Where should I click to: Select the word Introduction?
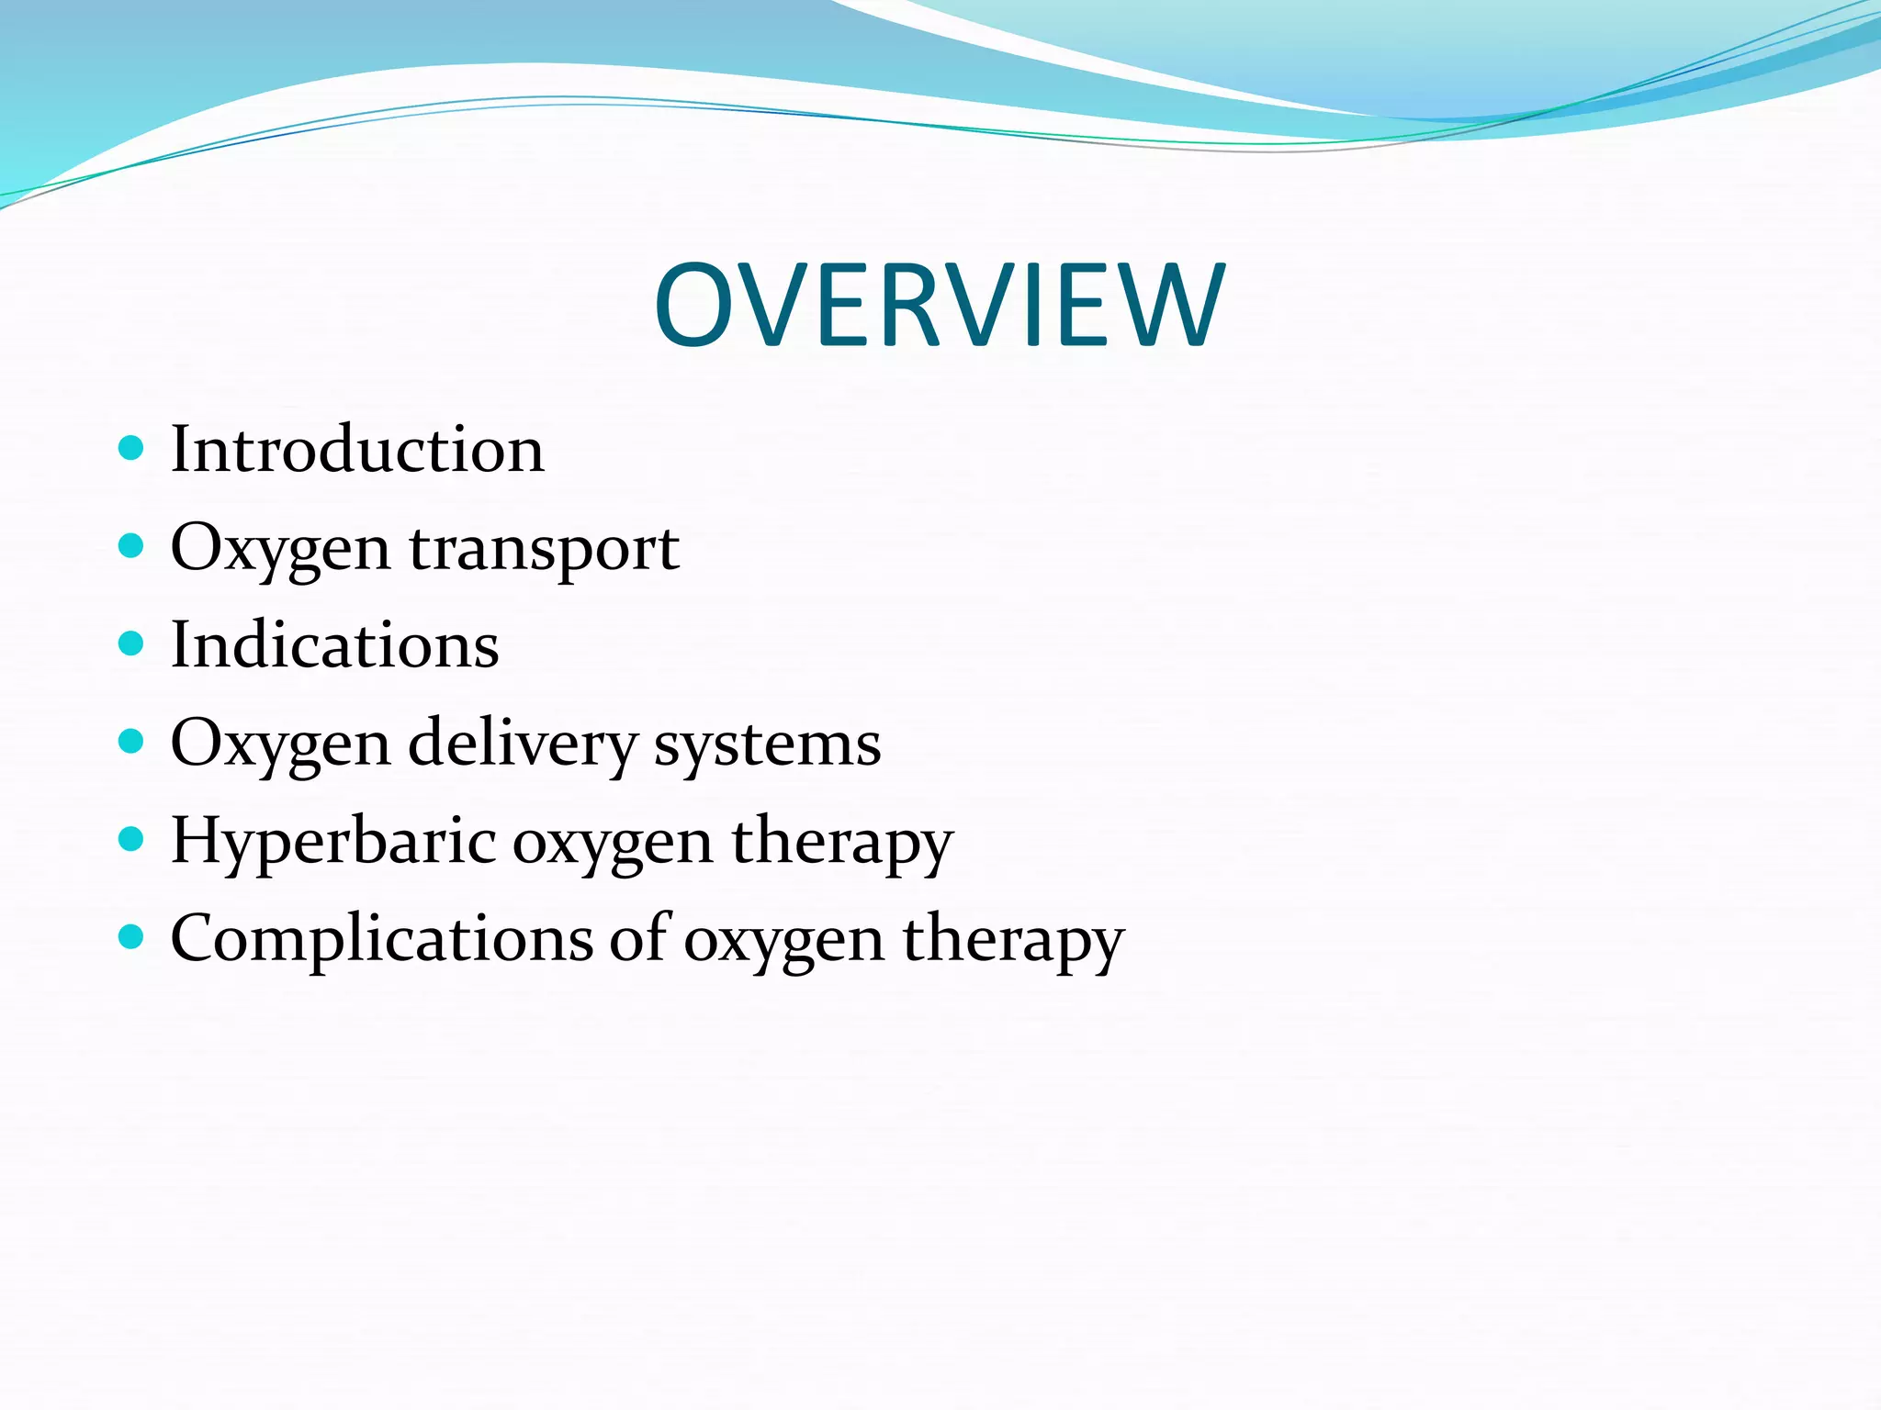click(357, 450)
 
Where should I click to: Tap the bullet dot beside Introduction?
click(132, 448)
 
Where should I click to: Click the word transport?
click(544, 549)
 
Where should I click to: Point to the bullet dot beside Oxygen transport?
click(132, 546)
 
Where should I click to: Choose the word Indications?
click(335, 644)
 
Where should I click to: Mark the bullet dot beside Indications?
click(132, 643)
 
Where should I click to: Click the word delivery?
click(522, 744)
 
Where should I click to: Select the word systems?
click(767, 744)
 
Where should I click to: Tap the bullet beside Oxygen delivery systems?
click(132, 741)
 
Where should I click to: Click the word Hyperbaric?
click(333, 842)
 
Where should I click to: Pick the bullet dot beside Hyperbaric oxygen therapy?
click(132, 839)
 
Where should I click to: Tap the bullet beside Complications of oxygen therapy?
click(132, 936)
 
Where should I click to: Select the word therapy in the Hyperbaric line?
click(842, 842)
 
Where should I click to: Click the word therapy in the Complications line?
click(1013, 940)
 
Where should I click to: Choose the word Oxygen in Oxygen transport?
click(280, 549)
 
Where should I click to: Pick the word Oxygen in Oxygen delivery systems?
click(280, 744)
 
